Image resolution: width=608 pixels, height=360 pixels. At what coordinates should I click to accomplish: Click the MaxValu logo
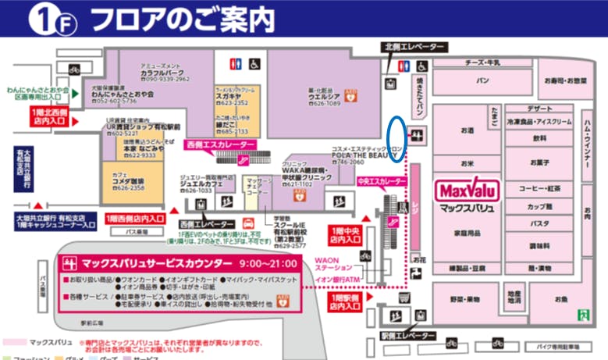point(465,191)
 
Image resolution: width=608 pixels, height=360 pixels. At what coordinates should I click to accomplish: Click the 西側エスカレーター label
point(221,145)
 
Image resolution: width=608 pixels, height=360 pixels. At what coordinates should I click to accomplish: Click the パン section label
point(482,80)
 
